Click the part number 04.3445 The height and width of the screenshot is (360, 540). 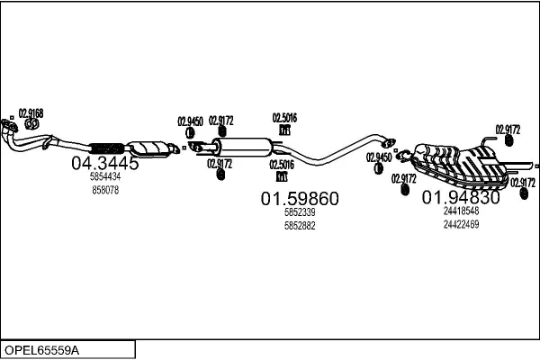pos(104,164)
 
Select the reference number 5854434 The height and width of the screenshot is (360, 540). pos(105,178)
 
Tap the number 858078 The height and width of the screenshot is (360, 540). pos(105,191)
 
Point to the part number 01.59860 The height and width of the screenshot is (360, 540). pos(300,199)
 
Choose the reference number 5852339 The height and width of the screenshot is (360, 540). pos(300,212)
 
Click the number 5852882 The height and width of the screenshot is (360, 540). pos(300,225)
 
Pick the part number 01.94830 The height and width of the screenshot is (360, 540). pos(461,197)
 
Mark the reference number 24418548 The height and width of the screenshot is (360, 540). pos(461,211)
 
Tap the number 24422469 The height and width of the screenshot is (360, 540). pos(461,224)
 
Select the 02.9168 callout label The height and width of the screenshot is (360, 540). pos(31,112)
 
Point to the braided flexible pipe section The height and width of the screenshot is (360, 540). pos(106,147)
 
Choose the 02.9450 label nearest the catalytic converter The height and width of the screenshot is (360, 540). pos(190,120)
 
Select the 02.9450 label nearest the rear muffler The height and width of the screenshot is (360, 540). pos(379,157)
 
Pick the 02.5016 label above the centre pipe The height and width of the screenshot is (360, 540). pos(284,117)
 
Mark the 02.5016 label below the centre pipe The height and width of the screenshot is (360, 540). pos(282,164)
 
